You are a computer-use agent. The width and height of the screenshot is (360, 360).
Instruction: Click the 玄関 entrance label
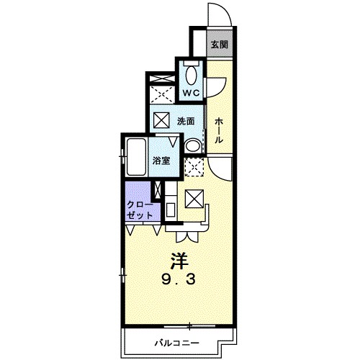[x=220, y=45]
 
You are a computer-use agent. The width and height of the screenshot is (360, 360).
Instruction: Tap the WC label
[x=192, y=93]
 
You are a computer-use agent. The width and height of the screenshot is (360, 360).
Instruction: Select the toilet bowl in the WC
[x=192, y=75]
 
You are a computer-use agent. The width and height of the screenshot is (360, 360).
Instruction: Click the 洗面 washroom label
[x=186, y=121]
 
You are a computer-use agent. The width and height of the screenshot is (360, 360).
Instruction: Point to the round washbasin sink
[x=193, y=145]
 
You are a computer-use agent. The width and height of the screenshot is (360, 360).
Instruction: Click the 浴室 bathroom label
[x=161, y=161]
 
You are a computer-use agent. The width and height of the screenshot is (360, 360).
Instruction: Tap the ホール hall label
[x=219, y=130]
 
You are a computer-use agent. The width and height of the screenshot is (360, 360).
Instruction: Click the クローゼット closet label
[x=140, y=210]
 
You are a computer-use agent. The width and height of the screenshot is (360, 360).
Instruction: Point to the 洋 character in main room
[x=180, y=261]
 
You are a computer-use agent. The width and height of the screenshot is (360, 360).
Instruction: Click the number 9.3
[x=179, y=279]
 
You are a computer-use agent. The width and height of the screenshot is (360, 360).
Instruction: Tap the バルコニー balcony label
[x=176, y=343]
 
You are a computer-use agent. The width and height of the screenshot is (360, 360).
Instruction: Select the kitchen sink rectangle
[x=171, y=210]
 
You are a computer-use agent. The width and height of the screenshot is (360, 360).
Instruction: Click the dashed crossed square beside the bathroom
[x=194, y=167]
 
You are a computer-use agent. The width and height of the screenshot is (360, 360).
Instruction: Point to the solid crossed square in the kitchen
[x=194, y=199]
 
